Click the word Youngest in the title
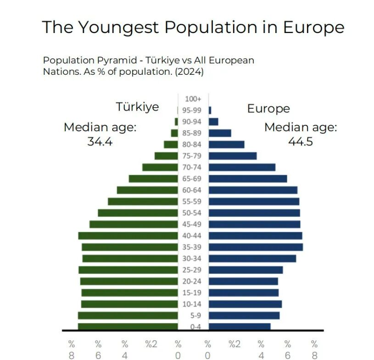pyautogui.click(x=118, y=28)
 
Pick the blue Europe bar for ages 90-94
pyautogui.click(x=213, y=122)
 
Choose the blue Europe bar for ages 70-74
pyautogui.click(x=242, y=167)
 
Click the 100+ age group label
pyautogui.click(x=193, y=99)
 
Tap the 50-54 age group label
pyautogui.click(x=193, y=213)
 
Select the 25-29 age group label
pyautogui.click(x=193, y=270)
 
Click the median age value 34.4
pyautogui.click(x=100, y=142)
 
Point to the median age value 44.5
pyautogui.click(x=300, y=142)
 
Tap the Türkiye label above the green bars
pyautogui.click(x=137, y=107)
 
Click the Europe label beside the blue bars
pyautogui.click(x=268, y=109)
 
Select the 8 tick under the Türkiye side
pyautogui.click(x=72, y=355)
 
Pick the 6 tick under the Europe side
pyautogui.click(x=288, y=355)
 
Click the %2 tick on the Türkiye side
pyautogui.click(x=151, y=344)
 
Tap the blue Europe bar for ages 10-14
pyautogui.click(x=245, y=304)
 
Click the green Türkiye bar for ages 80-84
pyautogui.click(x=171, y=144)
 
